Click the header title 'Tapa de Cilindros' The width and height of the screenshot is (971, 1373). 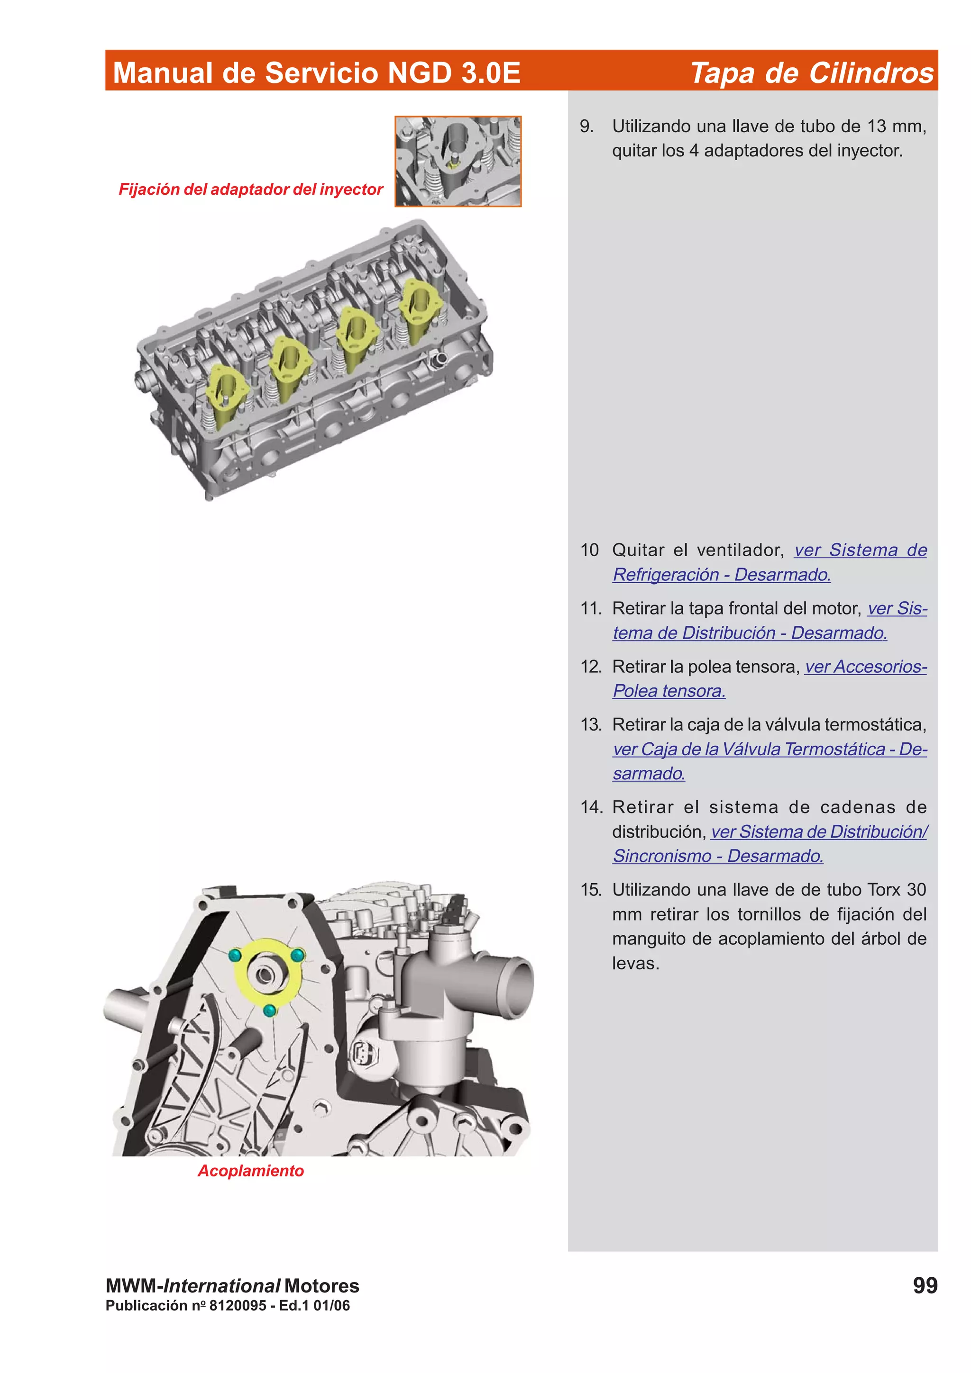[x=811, y=73]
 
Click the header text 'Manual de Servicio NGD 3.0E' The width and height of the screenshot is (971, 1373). [x=317, y=73]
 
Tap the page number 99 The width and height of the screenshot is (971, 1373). [x=925, y=1285]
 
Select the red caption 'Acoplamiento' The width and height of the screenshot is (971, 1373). [x=251, y=1170]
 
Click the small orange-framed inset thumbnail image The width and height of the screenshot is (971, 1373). [x=458, y=162]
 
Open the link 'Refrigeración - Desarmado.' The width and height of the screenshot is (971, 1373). [x=722, y=575]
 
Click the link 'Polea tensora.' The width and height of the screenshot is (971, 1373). [x=669, y=691]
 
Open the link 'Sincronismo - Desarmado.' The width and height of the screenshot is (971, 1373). [x=718, y=856]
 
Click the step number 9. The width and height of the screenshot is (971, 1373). [x=586, y=126]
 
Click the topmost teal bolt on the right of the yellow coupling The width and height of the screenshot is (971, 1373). [x=297, y=956]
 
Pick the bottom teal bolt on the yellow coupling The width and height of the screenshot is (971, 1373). [x=270, y=1011]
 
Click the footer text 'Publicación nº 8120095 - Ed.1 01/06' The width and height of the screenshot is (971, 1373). [x=228, y=1305]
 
